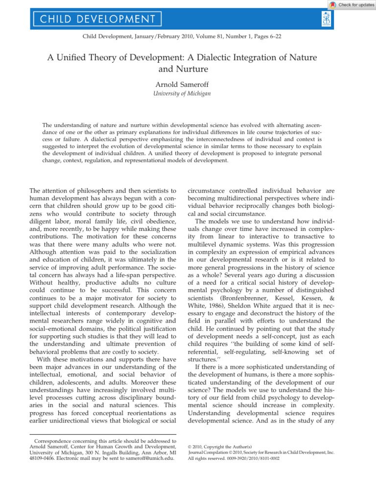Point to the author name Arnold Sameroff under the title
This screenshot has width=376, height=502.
(188, 84)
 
